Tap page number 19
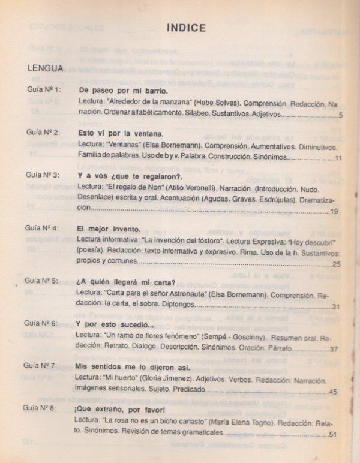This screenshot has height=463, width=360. point(334,211)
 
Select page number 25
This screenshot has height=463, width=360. point(335,263)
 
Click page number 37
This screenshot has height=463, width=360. point(334,349)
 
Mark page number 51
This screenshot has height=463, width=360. point(334,435)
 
